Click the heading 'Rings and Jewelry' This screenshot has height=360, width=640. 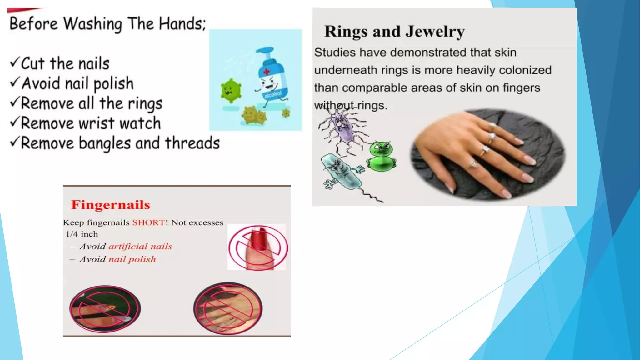pos(394,32)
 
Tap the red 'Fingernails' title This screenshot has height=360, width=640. pos(111,205)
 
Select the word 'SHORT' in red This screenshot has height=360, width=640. pos(148,222)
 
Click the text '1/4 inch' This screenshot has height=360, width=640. pos(82,234)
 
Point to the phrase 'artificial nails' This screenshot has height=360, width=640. pos(140,247)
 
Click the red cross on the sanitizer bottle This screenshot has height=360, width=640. pos(267,72)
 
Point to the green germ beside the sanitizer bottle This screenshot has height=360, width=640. pos(231,91)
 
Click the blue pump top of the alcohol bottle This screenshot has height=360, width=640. pos(265,52)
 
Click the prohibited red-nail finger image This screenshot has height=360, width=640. pos(257,247)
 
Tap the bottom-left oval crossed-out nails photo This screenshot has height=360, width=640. pos(105,308)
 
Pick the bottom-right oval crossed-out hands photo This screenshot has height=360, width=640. pos(228,308)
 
